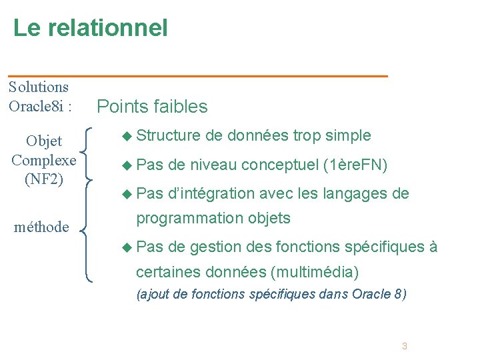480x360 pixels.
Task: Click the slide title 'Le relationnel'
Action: [91, 28]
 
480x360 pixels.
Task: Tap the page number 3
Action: [404, 346]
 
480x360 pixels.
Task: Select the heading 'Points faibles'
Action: [153, 107]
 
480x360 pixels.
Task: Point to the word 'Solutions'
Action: [39, 87]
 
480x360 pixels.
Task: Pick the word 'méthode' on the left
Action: [41, 227]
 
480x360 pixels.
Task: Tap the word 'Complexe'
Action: [44, 160]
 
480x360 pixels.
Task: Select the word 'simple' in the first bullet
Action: [349, 135]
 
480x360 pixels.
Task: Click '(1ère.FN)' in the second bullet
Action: [355, 165]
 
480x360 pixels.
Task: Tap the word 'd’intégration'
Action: [212, 193]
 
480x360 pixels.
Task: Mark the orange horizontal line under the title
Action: [197, 77]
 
